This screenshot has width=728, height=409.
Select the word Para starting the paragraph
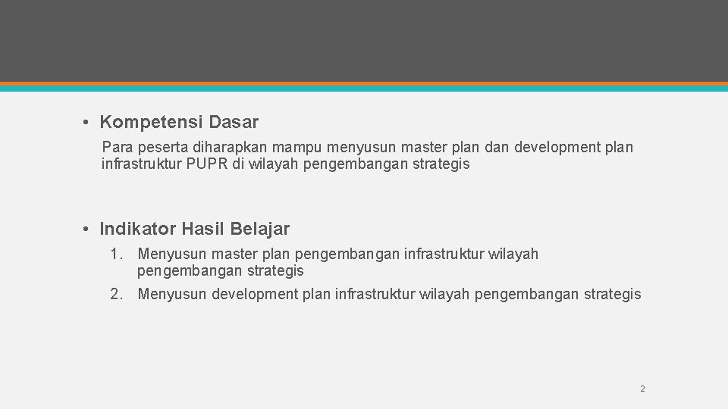pyautogui.click(x=117, y=147)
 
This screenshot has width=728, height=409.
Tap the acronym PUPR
pyautogui.click(x=203, y=164)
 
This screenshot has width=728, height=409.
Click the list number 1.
pyautogui.click(x=116, y=254)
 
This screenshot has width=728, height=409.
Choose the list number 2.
pyautogui.click(x=116, y=295)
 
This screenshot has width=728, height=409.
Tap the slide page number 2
pyautogui.click(x=642, y=389)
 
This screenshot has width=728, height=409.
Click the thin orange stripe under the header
pyautogui.click(x=364, y=83)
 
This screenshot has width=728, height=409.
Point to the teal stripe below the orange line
pyautogui.click(x=364, y=89)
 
